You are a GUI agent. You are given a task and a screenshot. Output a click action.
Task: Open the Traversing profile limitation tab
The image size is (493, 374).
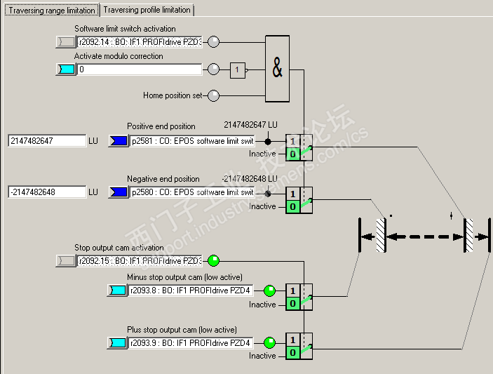147,10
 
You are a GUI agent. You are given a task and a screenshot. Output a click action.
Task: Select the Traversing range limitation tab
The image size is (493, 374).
51,10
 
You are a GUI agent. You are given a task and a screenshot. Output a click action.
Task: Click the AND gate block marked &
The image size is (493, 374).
277,69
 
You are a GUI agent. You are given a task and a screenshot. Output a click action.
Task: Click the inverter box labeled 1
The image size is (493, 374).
238,69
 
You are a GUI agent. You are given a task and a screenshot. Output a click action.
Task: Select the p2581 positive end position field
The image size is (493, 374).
191,141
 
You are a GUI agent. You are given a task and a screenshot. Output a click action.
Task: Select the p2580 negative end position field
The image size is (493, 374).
191,192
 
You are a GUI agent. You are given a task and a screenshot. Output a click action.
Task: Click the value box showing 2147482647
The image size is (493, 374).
47,141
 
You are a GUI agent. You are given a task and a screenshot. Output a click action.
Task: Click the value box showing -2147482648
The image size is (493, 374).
47,192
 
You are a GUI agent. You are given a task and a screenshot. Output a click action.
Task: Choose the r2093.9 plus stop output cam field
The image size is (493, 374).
190,343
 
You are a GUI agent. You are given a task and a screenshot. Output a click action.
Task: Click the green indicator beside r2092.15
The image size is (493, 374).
214,261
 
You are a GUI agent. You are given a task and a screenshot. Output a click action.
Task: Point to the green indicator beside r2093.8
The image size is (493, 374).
269,290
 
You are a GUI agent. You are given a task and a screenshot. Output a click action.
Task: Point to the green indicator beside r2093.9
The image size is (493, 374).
269,343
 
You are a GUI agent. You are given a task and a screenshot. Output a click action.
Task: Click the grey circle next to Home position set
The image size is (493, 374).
214,95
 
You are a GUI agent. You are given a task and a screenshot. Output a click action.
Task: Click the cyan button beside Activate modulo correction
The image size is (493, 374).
65,69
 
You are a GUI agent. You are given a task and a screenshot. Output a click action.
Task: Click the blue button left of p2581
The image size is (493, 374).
118,141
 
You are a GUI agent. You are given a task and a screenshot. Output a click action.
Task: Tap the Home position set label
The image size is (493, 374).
173,95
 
